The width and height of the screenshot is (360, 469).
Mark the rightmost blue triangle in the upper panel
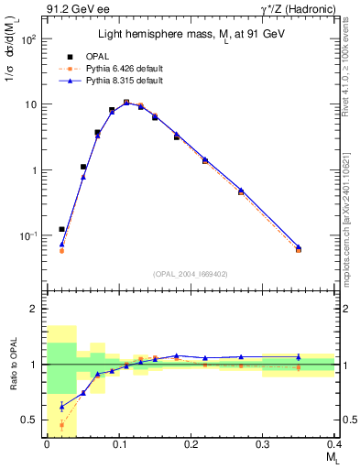tap(298, 245)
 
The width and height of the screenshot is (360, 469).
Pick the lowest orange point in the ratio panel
tap(61, 424)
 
